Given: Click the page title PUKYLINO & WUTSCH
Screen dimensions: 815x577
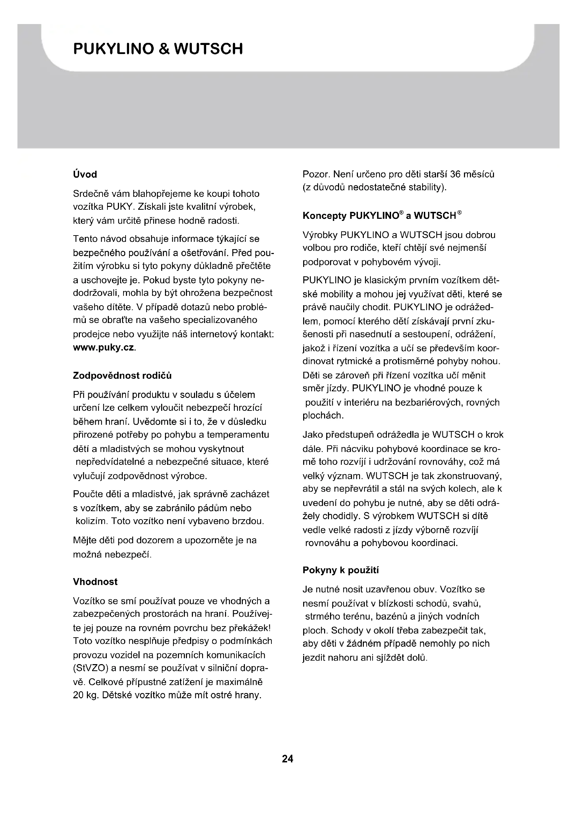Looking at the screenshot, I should [158, 49].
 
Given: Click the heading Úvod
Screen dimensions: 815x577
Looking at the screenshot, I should [85, 174].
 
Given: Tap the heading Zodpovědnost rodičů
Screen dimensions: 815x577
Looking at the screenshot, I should [122, 376].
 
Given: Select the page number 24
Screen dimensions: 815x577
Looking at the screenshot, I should [287, 759].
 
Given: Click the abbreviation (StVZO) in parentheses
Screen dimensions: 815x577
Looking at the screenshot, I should [90, 668].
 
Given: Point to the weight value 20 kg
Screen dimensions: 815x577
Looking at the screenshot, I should [85, 695].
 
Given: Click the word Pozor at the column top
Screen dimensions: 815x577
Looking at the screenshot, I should [316, 174].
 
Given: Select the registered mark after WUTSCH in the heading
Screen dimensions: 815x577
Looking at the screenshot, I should [459, 213].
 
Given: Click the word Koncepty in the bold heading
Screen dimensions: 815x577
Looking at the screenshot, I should [324, 216].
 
